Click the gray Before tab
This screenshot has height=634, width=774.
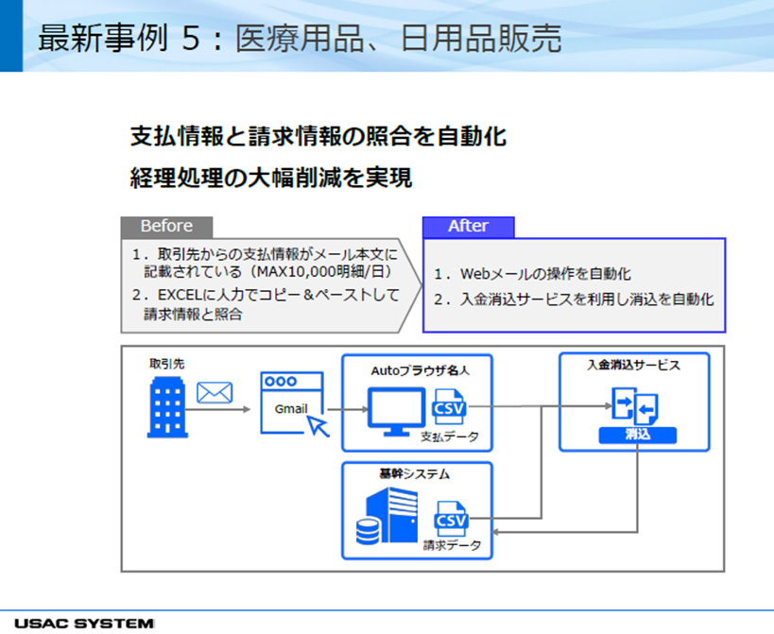point(167,227)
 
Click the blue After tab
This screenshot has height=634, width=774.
point(469,227)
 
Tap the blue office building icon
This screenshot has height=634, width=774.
point(167,407)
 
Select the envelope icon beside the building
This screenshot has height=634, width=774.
point(215,393)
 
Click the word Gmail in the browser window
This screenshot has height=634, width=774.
point(291,409)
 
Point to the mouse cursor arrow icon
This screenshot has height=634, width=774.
point(318,425)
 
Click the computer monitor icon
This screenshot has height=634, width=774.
point(396,411)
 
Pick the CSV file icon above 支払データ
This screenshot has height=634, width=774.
point(449,406)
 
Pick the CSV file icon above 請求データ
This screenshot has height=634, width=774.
point(451,519)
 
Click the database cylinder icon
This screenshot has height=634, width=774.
point(369,531)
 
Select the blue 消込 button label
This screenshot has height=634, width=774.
point(638,435)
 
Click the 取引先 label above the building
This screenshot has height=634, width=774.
point(167,364)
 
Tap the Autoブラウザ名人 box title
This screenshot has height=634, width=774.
point(420,370)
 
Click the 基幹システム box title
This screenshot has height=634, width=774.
point(414,474)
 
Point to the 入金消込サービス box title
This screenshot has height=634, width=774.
point(633,365)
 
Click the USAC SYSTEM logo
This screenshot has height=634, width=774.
point(84,624)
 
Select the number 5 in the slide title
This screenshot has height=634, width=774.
point(191,39)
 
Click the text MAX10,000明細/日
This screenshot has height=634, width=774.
point(321,271)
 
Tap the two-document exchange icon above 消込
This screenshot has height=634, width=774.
point(635,406)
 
